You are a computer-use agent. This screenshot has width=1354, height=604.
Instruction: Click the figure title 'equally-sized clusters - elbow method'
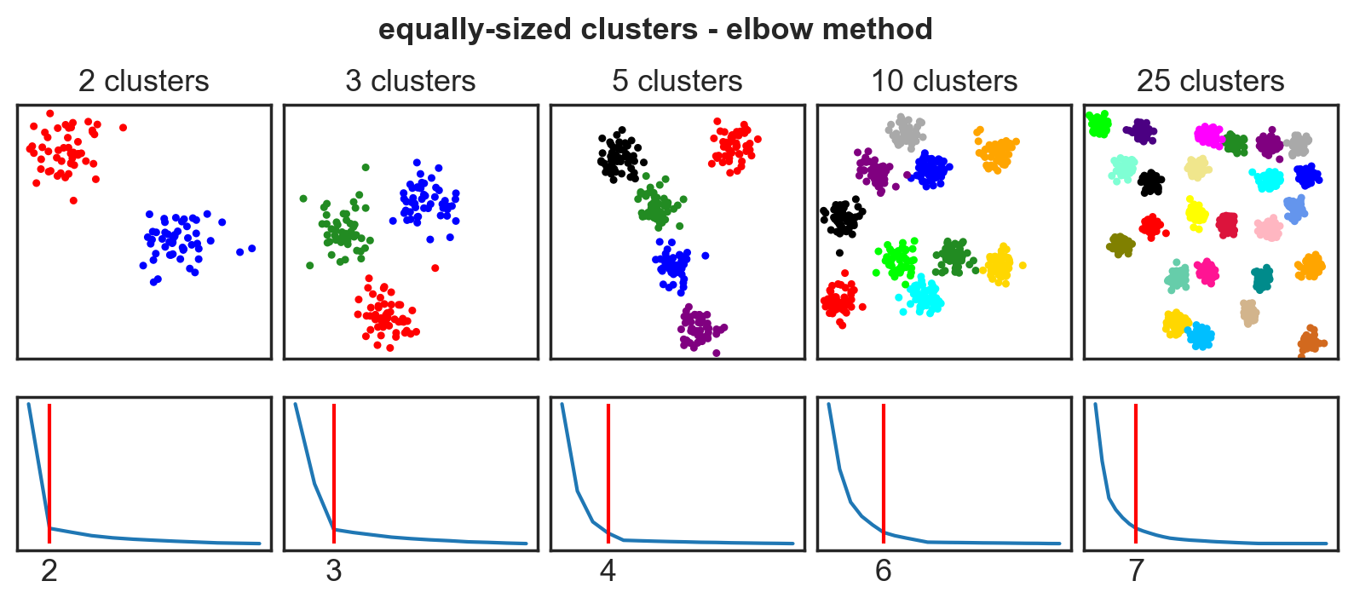click(x=655, y=29)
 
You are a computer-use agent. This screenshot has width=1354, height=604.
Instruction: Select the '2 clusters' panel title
click(x=143, y=81)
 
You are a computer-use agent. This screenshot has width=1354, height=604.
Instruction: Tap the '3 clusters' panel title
click(x=410, y=81)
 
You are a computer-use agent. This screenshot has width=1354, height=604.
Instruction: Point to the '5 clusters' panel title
click(x=677, y=81)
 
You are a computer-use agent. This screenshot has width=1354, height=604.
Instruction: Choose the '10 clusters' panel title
click(x=943, y=81)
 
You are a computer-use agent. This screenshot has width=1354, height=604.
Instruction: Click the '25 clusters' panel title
click(x=1210, y=81)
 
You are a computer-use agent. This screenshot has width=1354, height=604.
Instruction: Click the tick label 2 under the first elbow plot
click(x=49, y=571)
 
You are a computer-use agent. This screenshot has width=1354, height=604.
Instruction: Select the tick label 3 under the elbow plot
click(x=333, y=571)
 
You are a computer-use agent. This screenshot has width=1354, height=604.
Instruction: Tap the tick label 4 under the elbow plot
click(x=608, y=571)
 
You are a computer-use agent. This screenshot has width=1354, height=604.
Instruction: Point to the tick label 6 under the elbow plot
click(x=883, y=571)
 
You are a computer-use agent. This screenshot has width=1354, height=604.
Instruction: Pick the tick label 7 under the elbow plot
click(x=1136, y=571)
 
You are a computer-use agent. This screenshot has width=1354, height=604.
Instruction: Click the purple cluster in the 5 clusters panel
click(x=699, y=328)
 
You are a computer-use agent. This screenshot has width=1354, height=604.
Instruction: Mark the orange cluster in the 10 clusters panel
click(x=995, y=154)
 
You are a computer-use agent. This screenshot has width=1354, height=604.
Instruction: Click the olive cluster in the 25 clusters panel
click(x=1121, y=245)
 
